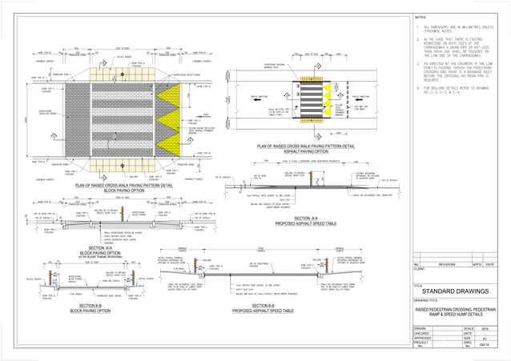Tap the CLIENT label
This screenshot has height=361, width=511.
click(x=419, y=269)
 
